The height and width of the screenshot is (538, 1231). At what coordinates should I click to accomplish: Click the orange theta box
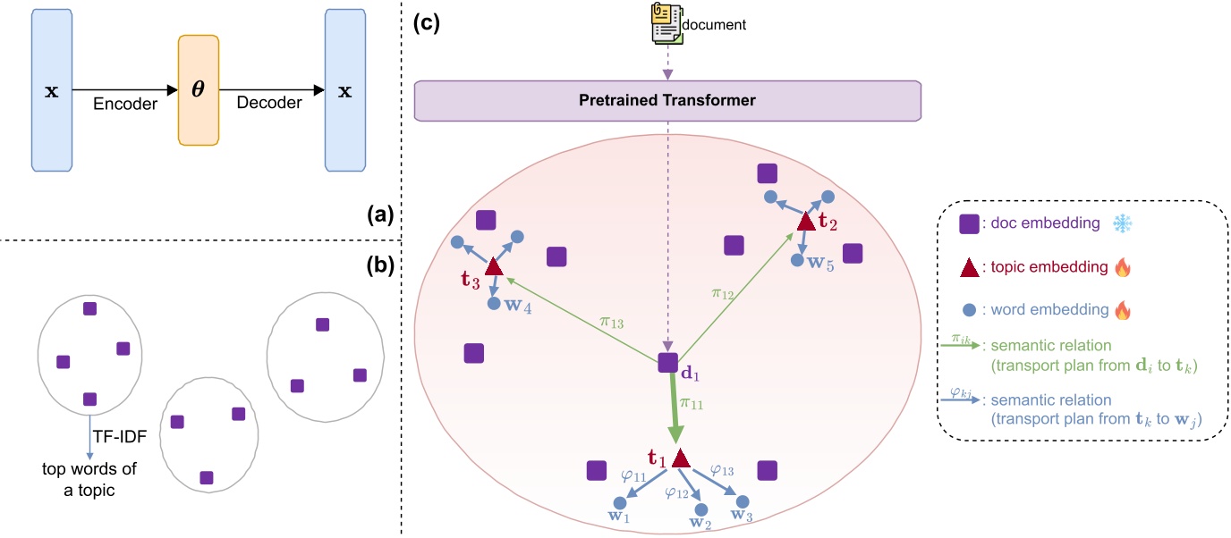(x=199, y=90)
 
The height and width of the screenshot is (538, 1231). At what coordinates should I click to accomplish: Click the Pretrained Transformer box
(x=667, y=100)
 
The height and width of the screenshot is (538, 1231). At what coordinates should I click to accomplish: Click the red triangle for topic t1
(x=681, y=458)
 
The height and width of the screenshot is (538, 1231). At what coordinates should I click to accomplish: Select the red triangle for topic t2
(x=805, y=220)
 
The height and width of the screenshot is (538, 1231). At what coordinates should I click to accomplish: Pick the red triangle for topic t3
(x=493, y=266)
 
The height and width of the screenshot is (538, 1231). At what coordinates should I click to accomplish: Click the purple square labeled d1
(x=667, y=362)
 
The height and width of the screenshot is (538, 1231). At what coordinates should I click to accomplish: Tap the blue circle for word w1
(x=617, y=502)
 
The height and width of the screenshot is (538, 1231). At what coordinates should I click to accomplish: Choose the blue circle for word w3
(x=743, y=502)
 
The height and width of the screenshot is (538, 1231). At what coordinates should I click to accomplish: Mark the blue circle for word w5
(x=798, y=260)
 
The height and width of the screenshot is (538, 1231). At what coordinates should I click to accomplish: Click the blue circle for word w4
(x=493, y=305)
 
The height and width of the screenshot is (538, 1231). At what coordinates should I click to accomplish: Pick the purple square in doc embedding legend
(x=967, y=224)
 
